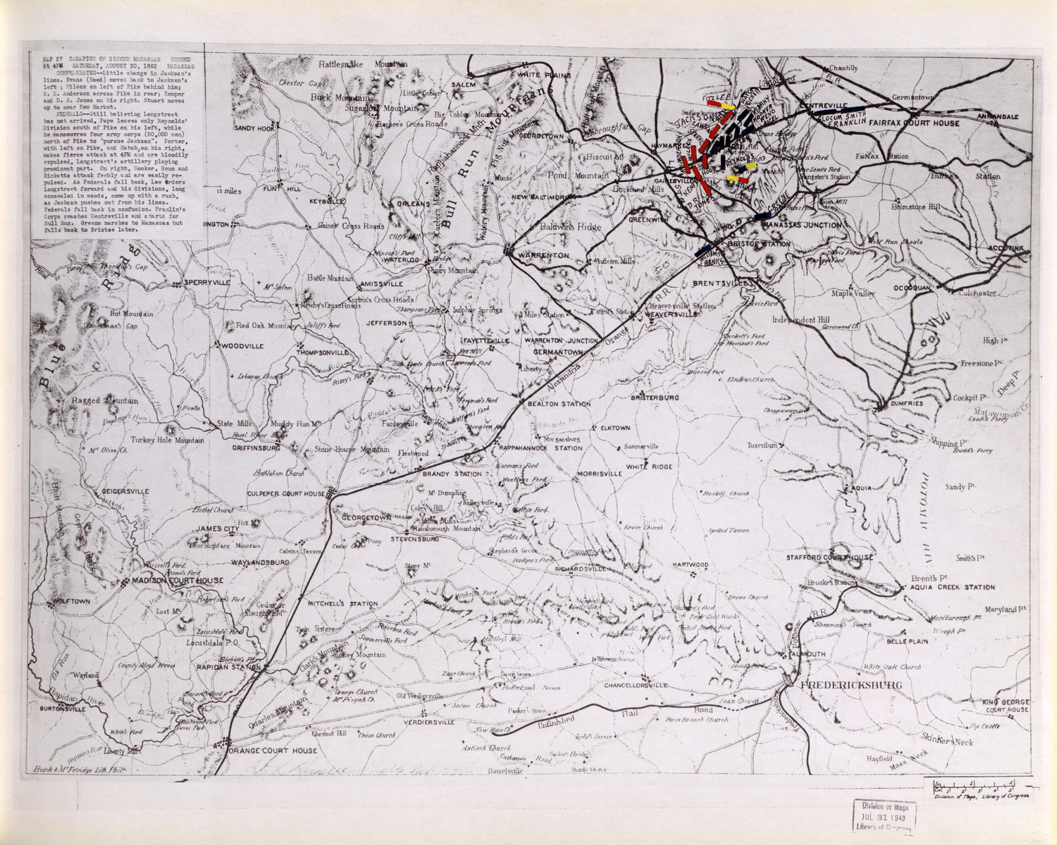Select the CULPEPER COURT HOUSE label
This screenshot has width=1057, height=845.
[x=286, y=494]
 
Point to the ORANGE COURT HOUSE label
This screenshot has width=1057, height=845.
[x=271, y=751]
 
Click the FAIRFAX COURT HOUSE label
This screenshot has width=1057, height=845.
[x=914, y=123]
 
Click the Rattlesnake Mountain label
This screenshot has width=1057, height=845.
[x=363, y=64]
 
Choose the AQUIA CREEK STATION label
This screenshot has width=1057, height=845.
[x=953, y=586]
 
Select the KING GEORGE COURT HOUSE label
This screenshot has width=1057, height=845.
[x=1006, y=705]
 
